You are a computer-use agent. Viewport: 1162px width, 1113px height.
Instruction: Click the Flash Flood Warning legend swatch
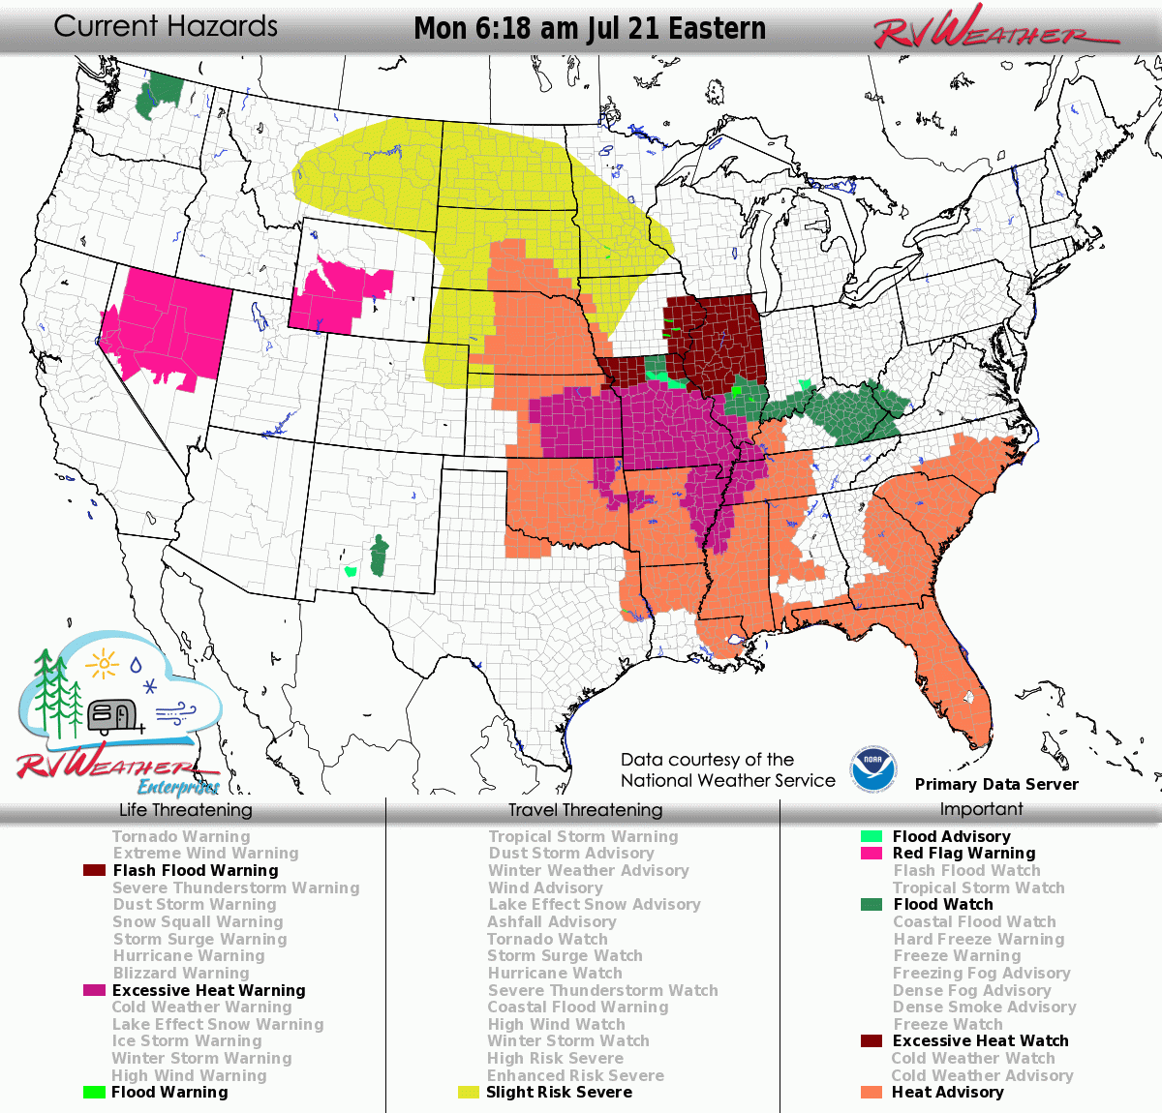tap(94, 870)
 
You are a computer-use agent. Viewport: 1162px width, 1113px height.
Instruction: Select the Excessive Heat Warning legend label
tap(208, 990)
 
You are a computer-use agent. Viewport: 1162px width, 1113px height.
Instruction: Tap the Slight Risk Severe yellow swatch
tap(469, 1092)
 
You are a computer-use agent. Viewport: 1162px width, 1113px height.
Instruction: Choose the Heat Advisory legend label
tap(947, 1092)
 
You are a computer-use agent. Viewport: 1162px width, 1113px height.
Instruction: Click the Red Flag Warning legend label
tap(963, 853)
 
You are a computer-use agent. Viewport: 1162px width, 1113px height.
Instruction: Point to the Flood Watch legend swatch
tap(871, 904)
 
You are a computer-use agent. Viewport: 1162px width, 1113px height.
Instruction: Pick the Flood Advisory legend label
tap(951, 836)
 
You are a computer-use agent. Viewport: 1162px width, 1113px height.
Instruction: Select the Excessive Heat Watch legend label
tap(980, 1040)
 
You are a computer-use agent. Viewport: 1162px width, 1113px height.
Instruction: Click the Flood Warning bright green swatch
tap(94, 1092)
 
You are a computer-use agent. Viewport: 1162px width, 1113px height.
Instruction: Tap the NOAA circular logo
tap(873, 768)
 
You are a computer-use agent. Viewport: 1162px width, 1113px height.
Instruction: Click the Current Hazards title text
tap(166, 26)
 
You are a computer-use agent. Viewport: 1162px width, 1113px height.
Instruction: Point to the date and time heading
tap(589, 28)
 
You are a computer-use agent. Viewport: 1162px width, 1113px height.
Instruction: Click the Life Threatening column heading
tap(185, 810)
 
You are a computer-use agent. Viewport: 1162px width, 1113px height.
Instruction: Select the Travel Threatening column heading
tap(585, 810)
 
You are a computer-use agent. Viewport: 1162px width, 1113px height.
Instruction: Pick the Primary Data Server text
tap(996, 784)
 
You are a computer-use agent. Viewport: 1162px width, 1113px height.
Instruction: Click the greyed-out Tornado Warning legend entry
tap(181, 836)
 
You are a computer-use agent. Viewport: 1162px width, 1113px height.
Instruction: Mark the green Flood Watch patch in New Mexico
tap(379, 556)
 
